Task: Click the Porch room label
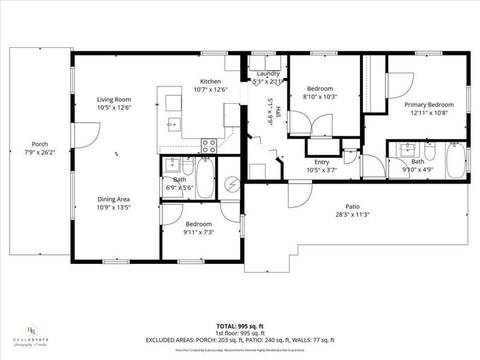coord(40,144)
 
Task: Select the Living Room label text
coord(114,100)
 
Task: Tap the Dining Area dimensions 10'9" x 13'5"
coord(114,208)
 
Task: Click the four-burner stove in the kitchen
coord(209,145)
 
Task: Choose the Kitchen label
coord(211,82)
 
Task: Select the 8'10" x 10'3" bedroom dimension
coord(317,97)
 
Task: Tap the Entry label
coord(322,162)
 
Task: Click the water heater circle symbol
coord(230,185)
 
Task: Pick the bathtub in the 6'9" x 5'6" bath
coord(205,178)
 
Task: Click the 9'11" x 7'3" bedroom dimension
coord(199,232)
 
